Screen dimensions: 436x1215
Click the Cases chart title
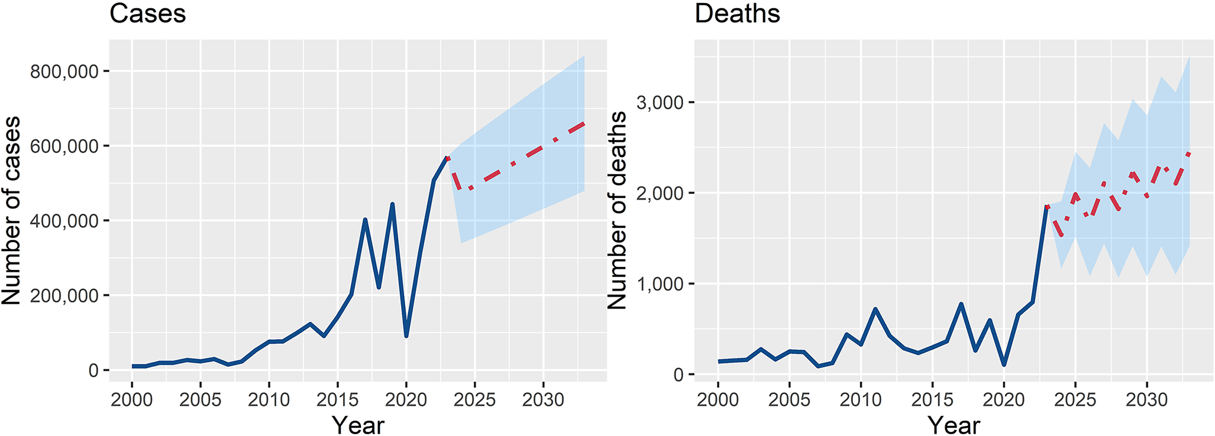147,14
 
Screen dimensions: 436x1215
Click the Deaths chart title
737,14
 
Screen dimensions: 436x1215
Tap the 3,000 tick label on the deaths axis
660,103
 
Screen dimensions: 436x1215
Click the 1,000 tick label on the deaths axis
660,284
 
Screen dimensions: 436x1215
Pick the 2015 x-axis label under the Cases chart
337,400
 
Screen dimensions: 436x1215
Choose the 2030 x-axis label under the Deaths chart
1146,400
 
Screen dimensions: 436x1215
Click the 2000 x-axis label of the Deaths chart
718,400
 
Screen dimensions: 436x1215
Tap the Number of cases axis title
12,210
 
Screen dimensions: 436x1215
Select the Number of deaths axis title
618,210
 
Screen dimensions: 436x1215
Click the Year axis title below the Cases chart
358,425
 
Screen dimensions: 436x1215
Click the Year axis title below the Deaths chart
954,425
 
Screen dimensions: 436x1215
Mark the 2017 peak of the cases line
365,220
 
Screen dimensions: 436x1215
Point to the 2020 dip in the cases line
406,336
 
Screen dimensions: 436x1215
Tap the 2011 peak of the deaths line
875,309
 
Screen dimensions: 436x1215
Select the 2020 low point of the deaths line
1004,365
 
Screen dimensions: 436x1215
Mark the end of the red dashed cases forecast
584,123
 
